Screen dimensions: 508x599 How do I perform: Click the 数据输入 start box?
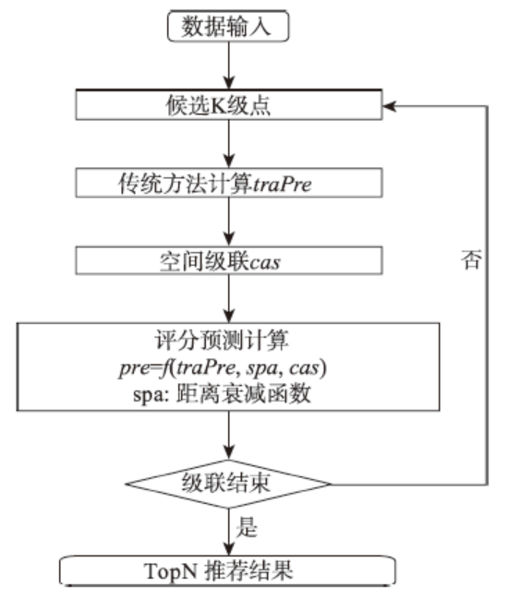(228, 26)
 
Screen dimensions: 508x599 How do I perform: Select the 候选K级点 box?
(229, 105)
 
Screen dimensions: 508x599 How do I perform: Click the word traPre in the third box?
(282, 185)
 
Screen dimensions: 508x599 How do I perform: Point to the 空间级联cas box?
(229, 260)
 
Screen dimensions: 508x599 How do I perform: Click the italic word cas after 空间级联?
(264, 262)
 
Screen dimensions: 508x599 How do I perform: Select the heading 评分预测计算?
(222, 340)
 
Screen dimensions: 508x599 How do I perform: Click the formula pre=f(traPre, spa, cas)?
(223, 368)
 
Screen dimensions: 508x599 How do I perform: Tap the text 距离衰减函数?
(243, 394)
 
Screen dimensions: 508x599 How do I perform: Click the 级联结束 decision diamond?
(228, 484)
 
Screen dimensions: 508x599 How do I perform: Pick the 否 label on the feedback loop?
(471, 259)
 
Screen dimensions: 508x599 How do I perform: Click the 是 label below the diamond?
(247, 527)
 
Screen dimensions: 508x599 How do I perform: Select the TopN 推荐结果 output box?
(228, 570)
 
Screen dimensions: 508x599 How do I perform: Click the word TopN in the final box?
(171, 572)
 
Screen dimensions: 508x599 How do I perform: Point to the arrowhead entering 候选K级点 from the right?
(389, 106)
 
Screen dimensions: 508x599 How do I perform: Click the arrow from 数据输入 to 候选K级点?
(228, 66)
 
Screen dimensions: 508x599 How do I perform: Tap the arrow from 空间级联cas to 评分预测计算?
(228, 299)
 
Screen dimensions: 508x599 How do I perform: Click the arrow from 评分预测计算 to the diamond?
(228, 435)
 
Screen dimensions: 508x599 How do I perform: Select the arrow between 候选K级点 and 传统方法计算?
(228, 144)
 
